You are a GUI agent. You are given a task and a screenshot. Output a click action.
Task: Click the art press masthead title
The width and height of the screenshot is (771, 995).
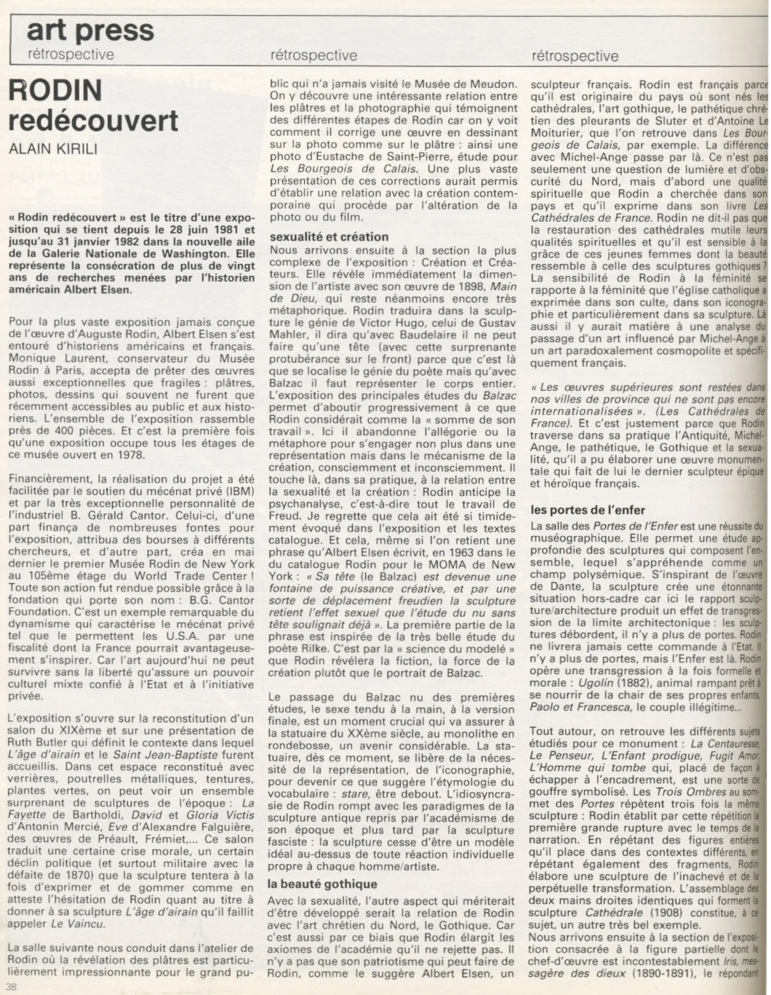[90, 31]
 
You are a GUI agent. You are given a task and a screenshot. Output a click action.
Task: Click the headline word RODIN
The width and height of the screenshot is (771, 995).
[55, 91]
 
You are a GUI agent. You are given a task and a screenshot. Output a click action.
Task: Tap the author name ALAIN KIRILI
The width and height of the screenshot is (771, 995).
[53, 150]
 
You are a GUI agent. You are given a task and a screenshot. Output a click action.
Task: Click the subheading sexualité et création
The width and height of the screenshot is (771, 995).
[329, 237]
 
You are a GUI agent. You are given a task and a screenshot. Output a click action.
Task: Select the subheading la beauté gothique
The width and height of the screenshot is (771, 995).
[323, 884]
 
